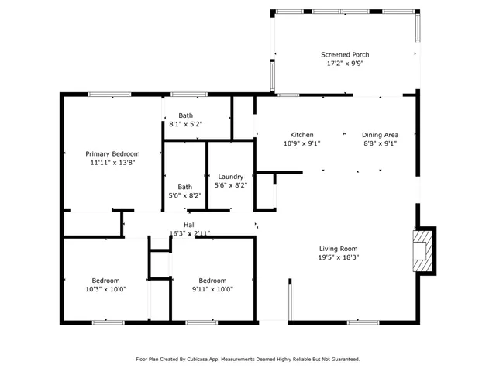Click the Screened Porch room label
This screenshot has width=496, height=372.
[345, 54]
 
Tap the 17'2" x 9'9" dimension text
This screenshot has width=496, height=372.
[345, 64]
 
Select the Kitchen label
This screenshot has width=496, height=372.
[301, 134]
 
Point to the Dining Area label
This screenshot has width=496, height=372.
[381, 134]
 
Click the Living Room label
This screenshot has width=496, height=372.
[339, 248]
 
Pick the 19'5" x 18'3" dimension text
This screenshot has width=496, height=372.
[339, 257]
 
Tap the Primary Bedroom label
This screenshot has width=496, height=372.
[112, 153]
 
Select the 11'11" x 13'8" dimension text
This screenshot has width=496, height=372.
[112, 163]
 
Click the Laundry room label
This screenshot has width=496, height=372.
[231, 177]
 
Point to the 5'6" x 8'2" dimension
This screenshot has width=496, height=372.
[231, 186]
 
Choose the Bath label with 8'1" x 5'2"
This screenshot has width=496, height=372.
[185, 115]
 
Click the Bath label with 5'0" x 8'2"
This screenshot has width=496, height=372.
[185, 186]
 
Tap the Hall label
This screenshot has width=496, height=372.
[190, 224]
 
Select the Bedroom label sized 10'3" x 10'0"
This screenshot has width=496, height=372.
[105, 280]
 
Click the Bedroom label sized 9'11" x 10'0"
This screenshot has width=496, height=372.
[212, 280]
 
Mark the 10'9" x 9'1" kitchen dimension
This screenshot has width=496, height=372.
[301, 143]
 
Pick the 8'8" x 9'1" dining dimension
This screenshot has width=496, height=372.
[381, 143]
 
